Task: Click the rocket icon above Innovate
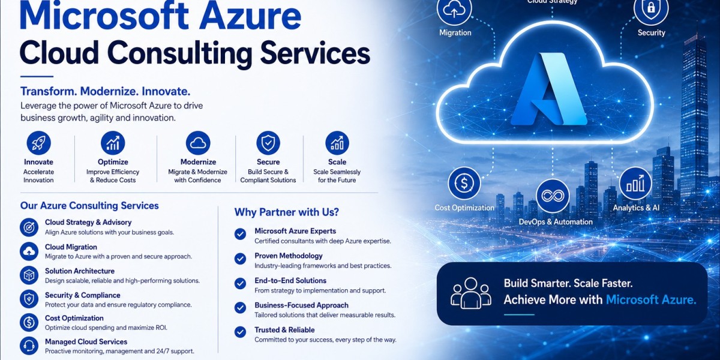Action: click(x=38, y=143)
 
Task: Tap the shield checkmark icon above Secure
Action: click(x=268, y=143)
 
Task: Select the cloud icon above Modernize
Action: click(x=198, y=143)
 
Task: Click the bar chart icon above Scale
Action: click(x=337, y=143)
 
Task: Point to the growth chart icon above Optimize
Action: click(x=113, y=143)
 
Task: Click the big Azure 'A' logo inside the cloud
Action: click(x=549, y=89)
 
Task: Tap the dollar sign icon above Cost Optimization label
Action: click(x=464, y=183)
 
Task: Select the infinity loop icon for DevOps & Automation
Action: click(x=553, y=196)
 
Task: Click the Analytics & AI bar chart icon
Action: click(x=635, y=183)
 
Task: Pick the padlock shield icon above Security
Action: click(x=651, y=10)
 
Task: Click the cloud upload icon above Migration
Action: click(x=454, y=10)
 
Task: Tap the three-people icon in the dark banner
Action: click(x=471, y=293)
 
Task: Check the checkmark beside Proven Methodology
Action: click(x=240, y=259)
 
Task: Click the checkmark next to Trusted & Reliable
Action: click(x=240, y=332)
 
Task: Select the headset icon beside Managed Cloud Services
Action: click(x=29, y=346)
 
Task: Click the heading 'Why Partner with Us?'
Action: click(x=287, y=212)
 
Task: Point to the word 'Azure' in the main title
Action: click(x=250, y=16)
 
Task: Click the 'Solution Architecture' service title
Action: click(x=80, y=271)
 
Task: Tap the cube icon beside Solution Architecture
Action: click(x=29, y=275)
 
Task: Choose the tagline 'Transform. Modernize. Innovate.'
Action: click(x=106, y=91)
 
